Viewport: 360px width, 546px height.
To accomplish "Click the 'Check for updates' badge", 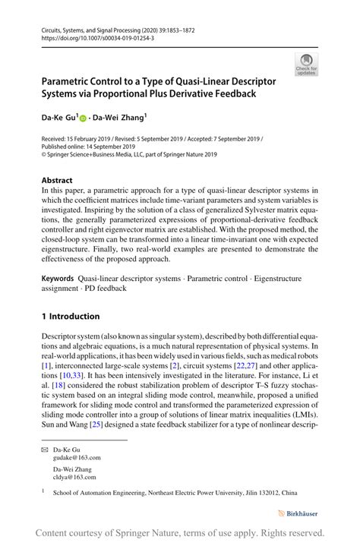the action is (306, 64).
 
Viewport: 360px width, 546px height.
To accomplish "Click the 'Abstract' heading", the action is (58, 180).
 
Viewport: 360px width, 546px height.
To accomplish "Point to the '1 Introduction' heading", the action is (70, 316).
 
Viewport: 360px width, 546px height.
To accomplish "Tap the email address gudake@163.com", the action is (76, 458).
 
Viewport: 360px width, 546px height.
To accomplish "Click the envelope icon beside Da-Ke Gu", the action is (45, 450).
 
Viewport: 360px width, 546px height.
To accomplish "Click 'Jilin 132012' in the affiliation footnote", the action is (261, 493).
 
